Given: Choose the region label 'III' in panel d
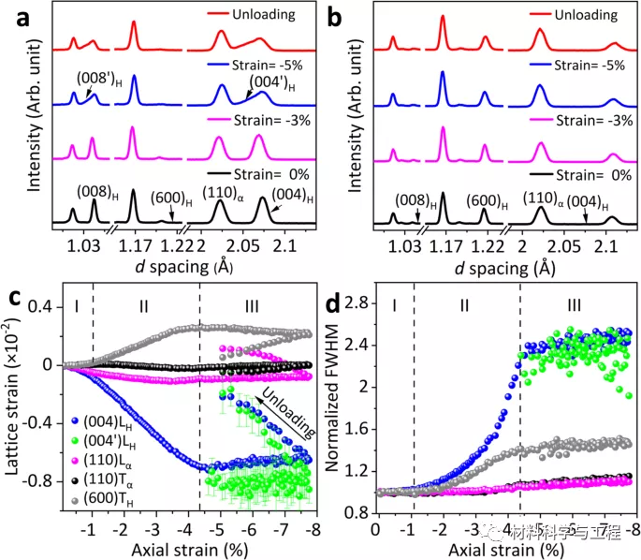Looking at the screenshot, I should click(574, 303).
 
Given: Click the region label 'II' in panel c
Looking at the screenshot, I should click(142, 303).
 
